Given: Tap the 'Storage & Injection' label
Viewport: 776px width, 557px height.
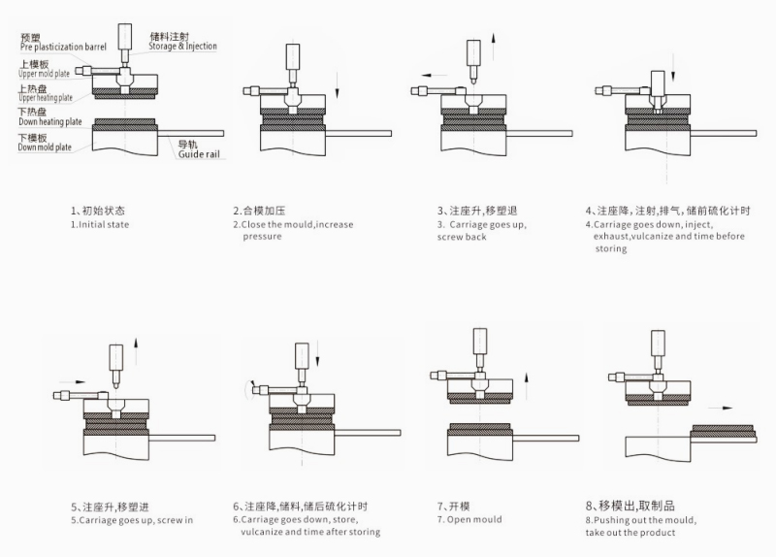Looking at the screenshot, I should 183,46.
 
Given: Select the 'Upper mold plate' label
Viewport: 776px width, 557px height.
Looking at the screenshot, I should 45,74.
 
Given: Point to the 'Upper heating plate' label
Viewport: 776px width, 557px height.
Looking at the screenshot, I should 46,97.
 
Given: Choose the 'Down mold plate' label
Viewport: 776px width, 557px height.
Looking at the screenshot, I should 45,147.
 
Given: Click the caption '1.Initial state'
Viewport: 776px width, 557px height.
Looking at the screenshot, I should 100,224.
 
